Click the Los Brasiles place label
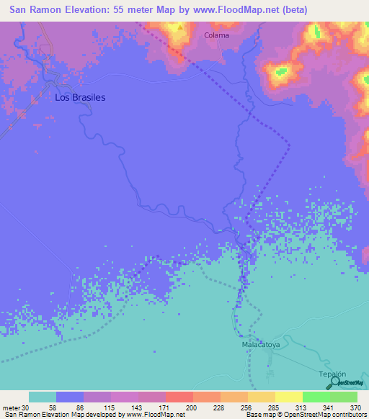[x=80, y=97]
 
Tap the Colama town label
[x=216, y=35]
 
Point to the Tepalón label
[x=332, y=374]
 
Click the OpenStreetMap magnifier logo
[x=334, y=384]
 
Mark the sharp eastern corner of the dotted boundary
[x=289, y=146]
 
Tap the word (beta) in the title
[x=295, y=10]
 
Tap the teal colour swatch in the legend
[x=43, y=397]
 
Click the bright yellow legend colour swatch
[x=288, y=397]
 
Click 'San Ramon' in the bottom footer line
[x=17, y=414]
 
